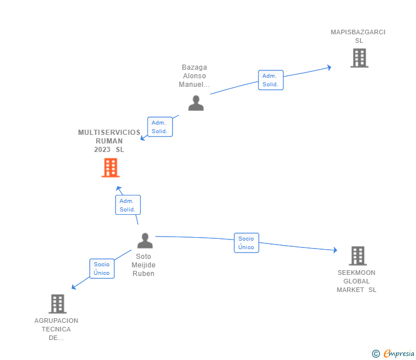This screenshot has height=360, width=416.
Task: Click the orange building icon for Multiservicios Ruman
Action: pos(111,167)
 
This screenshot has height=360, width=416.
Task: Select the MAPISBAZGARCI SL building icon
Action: pos(359,58)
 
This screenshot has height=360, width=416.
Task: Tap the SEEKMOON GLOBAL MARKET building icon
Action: pos(358,256)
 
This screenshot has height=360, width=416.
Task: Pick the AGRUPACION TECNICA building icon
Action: pos(58,304)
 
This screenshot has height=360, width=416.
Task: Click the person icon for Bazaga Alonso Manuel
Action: pos(196,103)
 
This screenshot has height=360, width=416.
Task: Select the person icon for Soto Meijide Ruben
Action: pos(145,241)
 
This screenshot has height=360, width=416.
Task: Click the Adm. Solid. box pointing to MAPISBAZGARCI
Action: pos(271,80)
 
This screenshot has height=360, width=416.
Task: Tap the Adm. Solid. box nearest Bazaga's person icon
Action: pos(160,127)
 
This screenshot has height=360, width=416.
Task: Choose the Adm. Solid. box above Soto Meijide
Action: pos(128,205)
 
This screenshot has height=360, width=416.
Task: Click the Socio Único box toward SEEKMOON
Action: pos(246,243)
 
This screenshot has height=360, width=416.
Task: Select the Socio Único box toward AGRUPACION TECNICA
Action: pos(102,269)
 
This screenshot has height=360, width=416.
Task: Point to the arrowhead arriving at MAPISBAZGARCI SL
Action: pos(329,67)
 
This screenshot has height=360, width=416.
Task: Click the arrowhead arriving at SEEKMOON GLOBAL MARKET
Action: pos(335,250)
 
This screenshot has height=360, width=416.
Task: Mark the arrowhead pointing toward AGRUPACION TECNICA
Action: pos(74,287)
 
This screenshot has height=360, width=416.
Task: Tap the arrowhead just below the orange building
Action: pos(119,189)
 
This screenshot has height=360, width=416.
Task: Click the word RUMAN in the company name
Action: pos(109,141)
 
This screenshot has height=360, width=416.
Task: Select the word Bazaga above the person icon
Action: pos(194,67)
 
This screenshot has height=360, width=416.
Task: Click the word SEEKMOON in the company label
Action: pos(357,273)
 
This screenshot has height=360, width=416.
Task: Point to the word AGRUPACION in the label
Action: pos(56,321)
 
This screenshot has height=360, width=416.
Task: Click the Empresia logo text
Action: pos(399,353)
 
